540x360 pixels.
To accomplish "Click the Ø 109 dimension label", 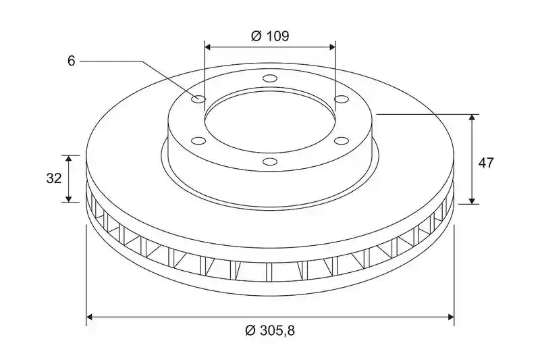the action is coord(270,36).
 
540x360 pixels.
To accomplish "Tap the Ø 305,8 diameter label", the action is coord(270,331).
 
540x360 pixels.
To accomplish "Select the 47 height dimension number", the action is coord(486,163).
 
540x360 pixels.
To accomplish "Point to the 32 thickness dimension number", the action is coord(54,178).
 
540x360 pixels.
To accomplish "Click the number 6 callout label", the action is coord(72,61).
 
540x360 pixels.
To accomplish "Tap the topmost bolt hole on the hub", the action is coord(269,78).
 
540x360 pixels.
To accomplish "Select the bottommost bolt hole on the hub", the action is coord(269,161).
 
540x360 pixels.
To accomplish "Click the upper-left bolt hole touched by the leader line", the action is coord(198,99).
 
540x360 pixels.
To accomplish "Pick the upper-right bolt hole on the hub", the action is coord(342,99).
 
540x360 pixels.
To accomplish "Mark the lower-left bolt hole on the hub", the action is coord(198,140).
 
